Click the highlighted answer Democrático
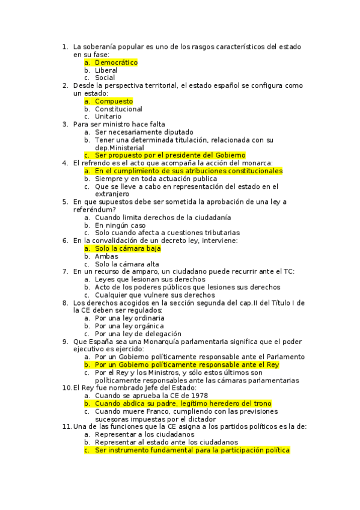click(116, 63)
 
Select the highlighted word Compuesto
click(114, 102)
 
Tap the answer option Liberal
click(106, 70)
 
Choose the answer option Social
click(105, 78)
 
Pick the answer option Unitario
click(108, 117)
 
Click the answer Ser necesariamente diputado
click(144, 132)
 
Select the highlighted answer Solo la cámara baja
click(127, 248)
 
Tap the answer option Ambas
click(106, 256)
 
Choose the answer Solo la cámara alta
click(127, 264)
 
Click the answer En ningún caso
click(120, 225)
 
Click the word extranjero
click(114, 194)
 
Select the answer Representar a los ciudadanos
click(144, 434)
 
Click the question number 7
click(65, 272)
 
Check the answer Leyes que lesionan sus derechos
click(150, 280)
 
